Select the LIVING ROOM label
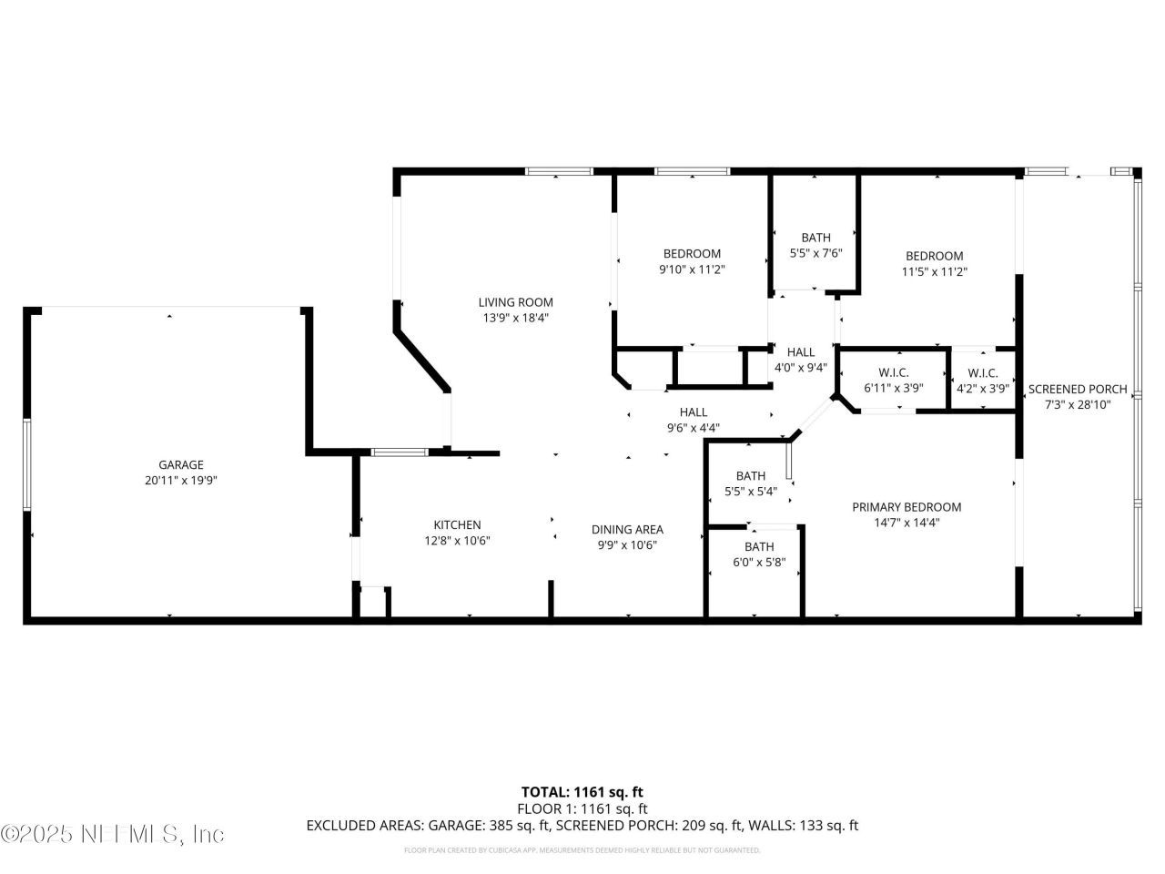point(516,302)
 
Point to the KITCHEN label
point(457,524)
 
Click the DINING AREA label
point(627,529)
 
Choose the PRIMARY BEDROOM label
point(907,507)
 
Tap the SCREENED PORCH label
point(1078,389)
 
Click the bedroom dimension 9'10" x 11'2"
point(692,269)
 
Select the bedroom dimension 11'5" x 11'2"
point(934,271)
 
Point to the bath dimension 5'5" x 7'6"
point(815,253)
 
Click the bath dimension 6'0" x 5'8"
point(759,562)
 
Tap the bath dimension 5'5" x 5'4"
point(751,492)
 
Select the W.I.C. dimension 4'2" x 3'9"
point(983,388)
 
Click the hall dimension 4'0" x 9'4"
point(801,368)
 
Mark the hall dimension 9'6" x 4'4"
point(694,428)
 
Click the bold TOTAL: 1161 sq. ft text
point(582,792)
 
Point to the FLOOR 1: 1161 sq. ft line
point(582,808)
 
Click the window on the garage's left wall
point(27,464)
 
